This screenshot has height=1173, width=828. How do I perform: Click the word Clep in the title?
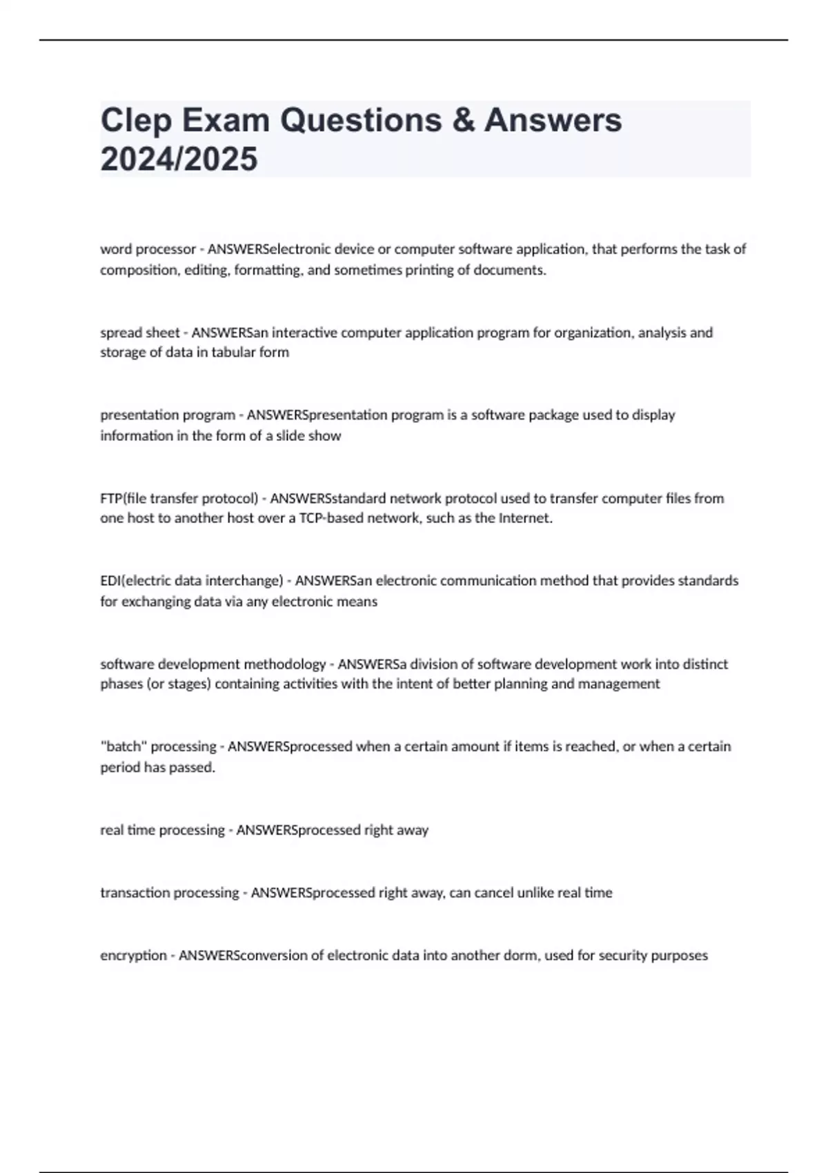136,121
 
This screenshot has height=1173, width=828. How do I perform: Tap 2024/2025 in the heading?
179,159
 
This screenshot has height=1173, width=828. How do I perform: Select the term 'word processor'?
148,249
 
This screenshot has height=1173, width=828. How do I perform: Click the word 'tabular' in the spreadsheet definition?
233,353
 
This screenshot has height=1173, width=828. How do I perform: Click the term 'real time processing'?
162,830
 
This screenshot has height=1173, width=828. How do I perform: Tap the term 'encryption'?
133,956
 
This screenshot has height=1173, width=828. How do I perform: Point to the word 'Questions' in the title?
360,121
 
